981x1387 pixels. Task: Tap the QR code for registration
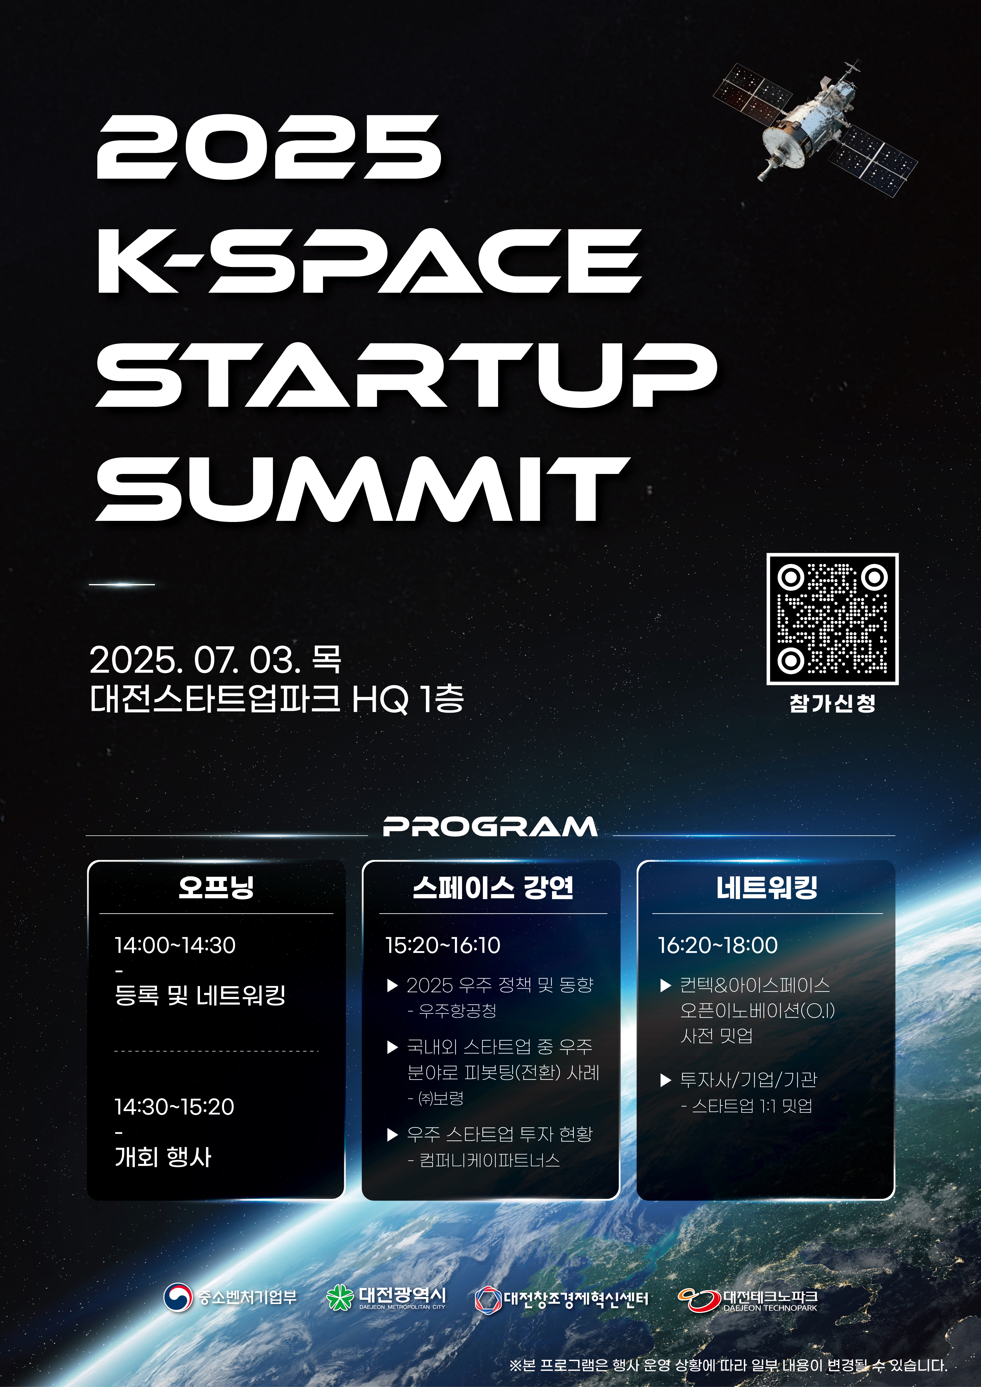(x=833, y=619)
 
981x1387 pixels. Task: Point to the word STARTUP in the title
(x=406, y=375)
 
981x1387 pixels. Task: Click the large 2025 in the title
(x=269, y=147)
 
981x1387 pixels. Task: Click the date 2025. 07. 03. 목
(x=215, y=660)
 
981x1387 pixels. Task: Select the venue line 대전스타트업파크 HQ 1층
(x=277, y=699)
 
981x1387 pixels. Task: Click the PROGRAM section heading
(x=490, y=826)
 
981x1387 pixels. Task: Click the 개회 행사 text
(x=163, y=1157)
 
